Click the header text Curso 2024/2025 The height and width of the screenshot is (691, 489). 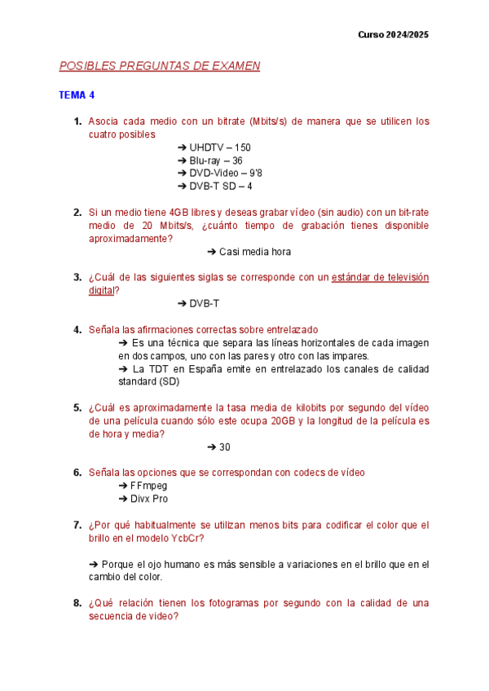coord(393,35)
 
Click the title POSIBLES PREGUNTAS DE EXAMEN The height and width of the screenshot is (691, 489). coord(160,66)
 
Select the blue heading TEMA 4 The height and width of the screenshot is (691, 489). coord(77,95)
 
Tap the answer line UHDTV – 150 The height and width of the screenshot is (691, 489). coord(214,147)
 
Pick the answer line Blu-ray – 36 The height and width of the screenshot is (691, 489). coord(209,161)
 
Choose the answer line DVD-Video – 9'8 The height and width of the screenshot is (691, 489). coord(219,174)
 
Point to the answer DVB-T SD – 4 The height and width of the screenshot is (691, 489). coord(214,187)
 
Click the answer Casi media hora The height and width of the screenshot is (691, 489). coord(244,252)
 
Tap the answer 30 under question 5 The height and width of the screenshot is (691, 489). coord(219,447)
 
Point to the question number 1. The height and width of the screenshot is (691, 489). coord(77,121)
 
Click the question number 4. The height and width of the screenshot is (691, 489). coord(77,330)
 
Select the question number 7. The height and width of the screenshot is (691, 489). coord(77,526)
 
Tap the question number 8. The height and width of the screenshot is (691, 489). coord(77,603)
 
